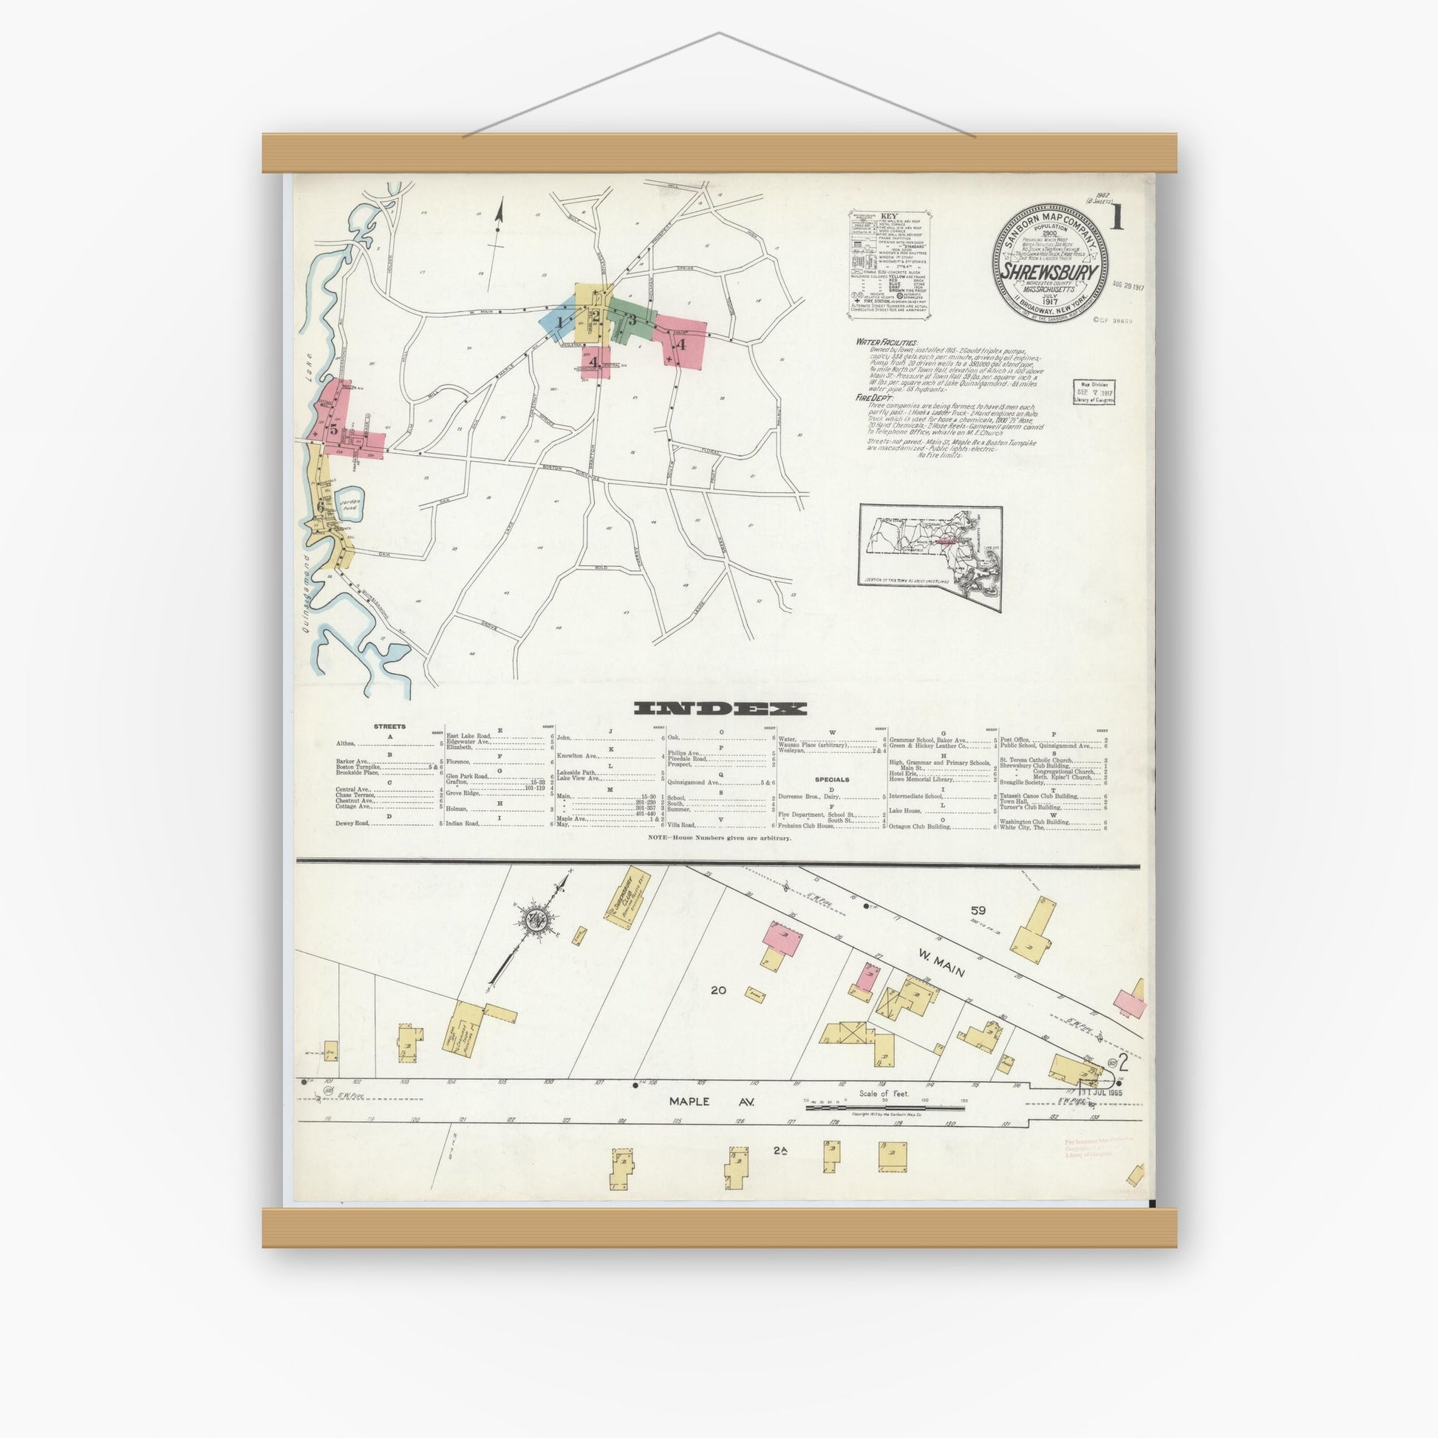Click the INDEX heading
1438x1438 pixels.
pos(720,708)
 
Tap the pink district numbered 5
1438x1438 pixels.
pos(334,429)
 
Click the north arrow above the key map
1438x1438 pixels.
pos(498,223)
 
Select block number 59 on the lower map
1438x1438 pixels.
pos(978,910)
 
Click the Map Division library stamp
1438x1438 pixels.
pos(1094,392)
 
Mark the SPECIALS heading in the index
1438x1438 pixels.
pos(831,780)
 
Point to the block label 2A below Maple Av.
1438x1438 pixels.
pos(780,1151)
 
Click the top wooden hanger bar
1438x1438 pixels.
pos(719,153)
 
